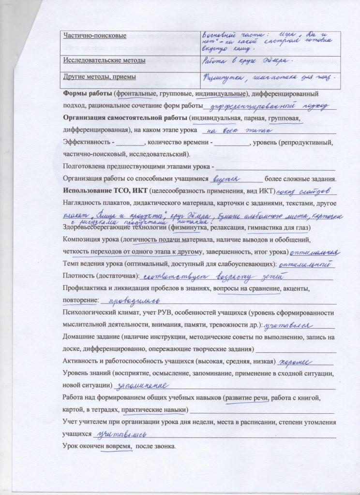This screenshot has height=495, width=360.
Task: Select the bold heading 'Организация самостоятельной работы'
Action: click(x=125, y=118)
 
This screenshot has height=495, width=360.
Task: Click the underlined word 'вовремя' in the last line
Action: click(x=117, y=446)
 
